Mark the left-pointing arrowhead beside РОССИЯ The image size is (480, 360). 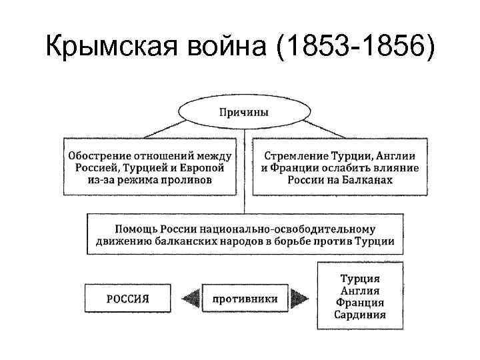coord(192,298)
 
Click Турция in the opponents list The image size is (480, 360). coord(360,278)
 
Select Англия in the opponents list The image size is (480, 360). coord(360,290)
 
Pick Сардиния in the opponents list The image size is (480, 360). coord(360,315)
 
